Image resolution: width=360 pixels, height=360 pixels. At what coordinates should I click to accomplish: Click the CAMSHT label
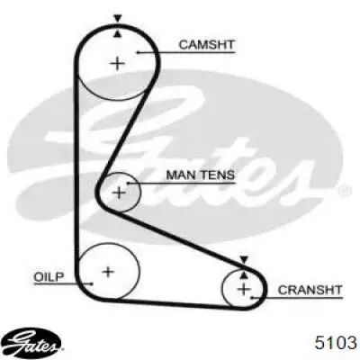[x=206, y=45]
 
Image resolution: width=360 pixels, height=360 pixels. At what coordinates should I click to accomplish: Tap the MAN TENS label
[x=201, y=175]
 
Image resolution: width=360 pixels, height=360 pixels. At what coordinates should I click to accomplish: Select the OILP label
[x=49, y=276]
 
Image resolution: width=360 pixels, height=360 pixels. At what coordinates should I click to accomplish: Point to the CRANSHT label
[x=310, y=290]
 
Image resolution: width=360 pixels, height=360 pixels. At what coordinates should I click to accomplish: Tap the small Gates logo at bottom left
[x=33, y=343]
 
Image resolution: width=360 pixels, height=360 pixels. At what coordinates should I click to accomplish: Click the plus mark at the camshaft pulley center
[x=118, y=64]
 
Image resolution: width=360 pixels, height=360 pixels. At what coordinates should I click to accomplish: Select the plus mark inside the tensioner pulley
[x=120, y=193]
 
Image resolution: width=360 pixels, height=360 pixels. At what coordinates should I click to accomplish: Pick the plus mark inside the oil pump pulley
[x=108, y=272]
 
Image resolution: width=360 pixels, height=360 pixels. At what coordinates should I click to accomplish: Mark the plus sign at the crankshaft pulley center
[x=244, y=289]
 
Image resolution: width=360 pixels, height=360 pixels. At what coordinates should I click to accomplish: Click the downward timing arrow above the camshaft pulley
[x=118, y=19]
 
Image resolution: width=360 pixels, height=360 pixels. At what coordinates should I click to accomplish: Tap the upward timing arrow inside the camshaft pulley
[x=118, y=34]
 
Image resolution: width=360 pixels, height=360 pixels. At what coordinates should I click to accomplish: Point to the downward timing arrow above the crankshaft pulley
[x=244, y=260]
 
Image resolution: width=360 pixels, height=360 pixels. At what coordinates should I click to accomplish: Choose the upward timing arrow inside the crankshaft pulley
[x=244, y=275]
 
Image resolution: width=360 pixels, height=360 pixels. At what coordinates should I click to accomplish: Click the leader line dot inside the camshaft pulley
[x=139, y=53]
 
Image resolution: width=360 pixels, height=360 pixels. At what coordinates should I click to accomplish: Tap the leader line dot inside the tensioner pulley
[x=128, y=183]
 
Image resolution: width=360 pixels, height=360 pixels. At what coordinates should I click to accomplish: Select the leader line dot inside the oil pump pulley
[x=92, y=283]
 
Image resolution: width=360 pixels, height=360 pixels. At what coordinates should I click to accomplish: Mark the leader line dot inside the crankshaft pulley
[x=252, y=298]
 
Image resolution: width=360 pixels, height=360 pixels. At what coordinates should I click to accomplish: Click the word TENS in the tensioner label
[x=218, y=175]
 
